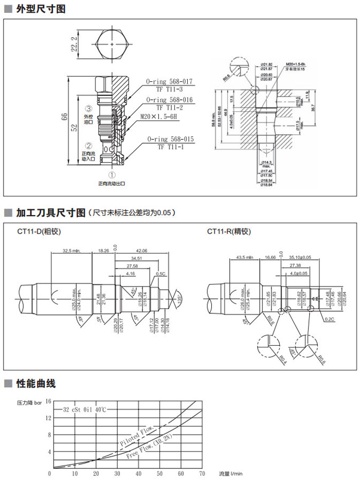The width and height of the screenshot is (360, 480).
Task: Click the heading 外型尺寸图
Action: point(41,9)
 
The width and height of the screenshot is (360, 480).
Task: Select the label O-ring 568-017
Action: point(169,81)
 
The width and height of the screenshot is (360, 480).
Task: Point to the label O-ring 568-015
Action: point(170,139)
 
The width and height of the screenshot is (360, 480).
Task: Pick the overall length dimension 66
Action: point(64,117)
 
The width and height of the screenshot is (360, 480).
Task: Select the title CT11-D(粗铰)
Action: point(39,232)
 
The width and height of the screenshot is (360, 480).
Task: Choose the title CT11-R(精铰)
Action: point(229,232)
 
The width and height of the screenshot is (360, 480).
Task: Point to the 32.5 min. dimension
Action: point(73,251)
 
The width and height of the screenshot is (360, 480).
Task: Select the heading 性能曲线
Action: point(35,384)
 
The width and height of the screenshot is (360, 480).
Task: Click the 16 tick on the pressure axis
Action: point(49,401)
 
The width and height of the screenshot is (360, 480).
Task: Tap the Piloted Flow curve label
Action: point(136,436)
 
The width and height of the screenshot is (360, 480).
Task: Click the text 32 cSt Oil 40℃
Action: point(84,410)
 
